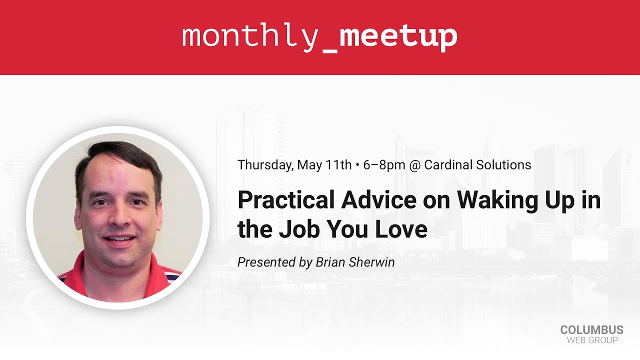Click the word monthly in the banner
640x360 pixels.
(x=248, y=36)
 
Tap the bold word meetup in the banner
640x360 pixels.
(x=398, y=36)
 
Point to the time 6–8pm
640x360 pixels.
(x=384, y=165)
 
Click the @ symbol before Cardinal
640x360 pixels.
(x=414, y=165)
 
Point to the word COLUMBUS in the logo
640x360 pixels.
(x=591, y=330)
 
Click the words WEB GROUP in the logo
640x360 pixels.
(x=592, y=340)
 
